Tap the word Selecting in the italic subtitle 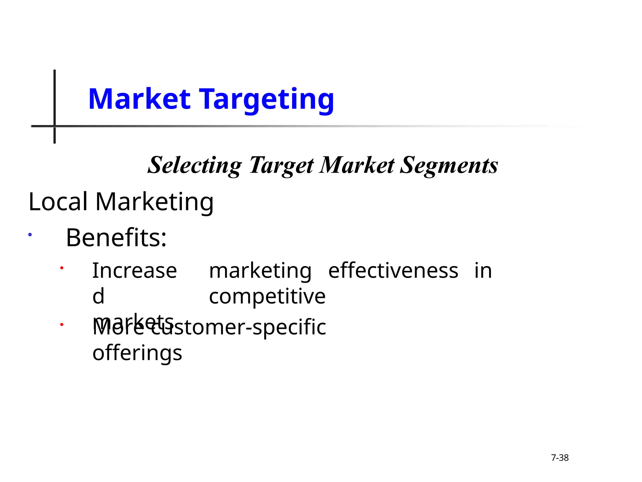click(195, 165)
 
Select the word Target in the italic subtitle click(281, 165)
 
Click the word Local click(58, 201)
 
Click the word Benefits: click(116, 238)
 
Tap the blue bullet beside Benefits click(30, 234)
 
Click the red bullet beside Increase click(62, 268)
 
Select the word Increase click(135, 270)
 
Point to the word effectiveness click(393, 270)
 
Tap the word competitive click(267, 297)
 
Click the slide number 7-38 click(560, 458)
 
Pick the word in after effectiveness click(483, 270)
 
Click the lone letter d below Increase click(98, 296)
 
